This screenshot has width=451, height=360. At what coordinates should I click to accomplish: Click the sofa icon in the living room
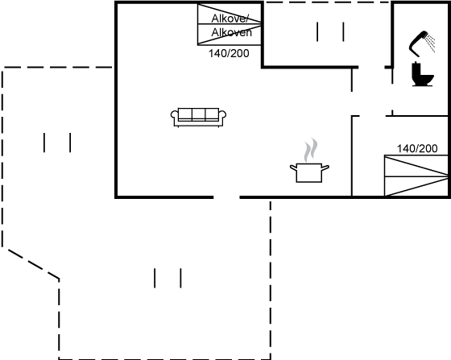[x=198, y=118]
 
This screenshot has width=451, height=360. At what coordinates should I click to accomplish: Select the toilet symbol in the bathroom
[x=423, y=74]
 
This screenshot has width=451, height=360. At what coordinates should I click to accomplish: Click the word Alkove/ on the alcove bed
[x=230, y=19]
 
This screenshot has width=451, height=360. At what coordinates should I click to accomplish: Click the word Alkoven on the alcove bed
[x=232, y=32]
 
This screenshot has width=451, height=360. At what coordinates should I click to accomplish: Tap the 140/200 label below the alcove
[x=229, y=53]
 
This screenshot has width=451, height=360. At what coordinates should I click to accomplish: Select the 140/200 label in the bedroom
[x=417, y=148]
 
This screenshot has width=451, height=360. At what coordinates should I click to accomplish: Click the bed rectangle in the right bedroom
[x=416, y=176]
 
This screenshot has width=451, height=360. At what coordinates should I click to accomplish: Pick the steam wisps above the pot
[x=311, y=150]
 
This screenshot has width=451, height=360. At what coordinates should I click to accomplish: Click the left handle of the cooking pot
[x=293, y=168]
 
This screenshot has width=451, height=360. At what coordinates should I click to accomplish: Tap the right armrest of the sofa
[x=222, y=116]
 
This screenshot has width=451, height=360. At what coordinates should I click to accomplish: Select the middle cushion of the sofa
[x=198, y=114]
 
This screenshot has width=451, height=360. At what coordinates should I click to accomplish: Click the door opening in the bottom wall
[x=226, y=197]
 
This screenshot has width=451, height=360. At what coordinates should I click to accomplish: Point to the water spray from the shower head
[x=430, y=43]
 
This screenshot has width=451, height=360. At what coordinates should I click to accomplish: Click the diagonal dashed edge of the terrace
[x=34, y=264]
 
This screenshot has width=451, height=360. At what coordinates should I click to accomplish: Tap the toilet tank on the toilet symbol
[x=416, y=70]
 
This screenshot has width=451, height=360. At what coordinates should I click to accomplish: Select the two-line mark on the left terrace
[x=57, y=143]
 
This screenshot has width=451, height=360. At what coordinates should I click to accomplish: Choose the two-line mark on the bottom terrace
[x=168, y=278]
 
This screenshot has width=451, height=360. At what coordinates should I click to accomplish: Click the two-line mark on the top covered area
[x=330, y=31]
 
